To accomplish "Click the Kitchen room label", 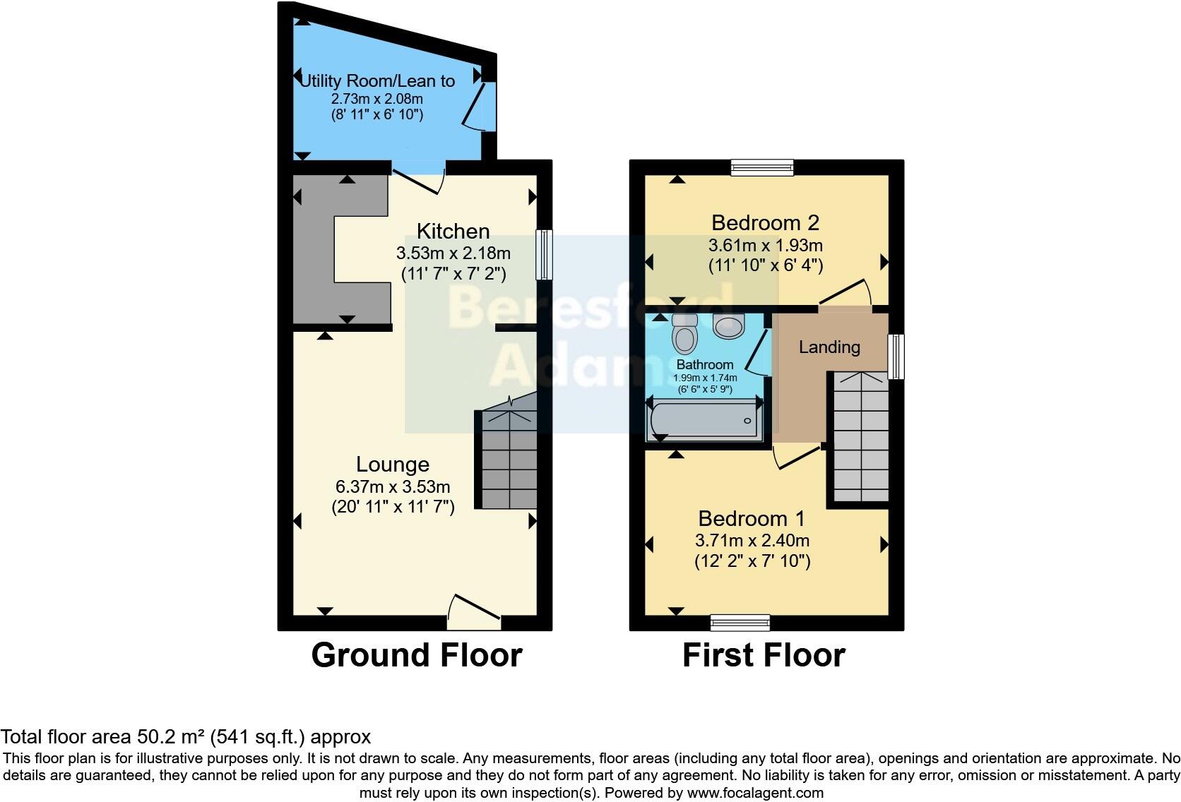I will [x=453, y=232].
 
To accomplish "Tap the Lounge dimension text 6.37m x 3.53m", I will [x=393, y=486].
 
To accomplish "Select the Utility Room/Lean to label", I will [x=377, y=81].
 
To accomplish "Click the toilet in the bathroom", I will [x=684, y=335].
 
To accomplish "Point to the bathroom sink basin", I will [x=729, y=325].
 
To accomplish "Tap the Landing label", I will [x=829, y=347].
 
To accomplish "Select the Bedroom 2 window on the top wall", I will [x=762, y=167].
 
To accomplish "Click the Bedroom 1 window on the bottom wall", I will [x=740, y=622].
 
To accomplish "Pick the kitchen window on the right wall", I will [x=544, y=255].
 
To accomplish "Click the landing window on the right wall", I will [x=896, y=357].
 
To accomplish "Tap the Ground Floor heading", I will [x=416, y=655].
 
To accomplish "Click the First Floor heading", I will [x=764, y=655].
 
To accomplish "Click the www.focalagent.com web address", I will [x=754, y=793].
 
